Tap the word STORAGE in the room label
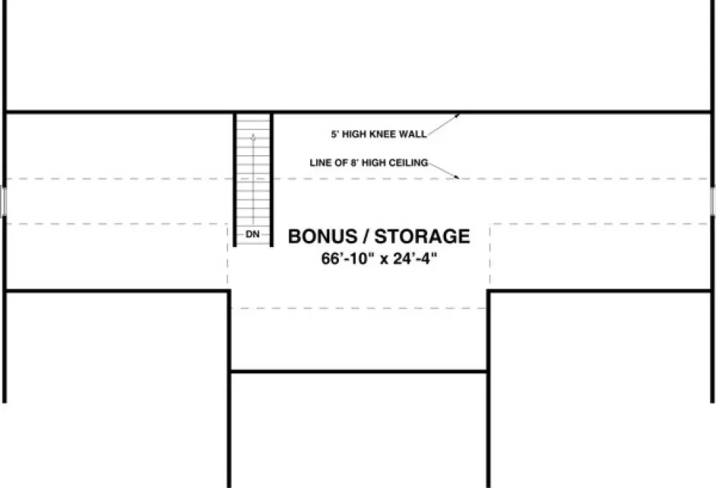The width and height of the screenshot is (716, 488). pos(426,237)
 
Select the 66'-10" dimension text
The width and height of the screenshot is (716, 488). pos(347,259)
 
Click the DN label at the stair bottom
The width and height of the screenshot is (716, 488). pos(253,234)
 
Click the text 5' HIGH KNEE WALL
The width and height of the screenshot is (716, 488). pos(378,134)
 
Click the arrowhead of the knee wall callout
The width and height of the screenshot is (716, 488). pos(459,115)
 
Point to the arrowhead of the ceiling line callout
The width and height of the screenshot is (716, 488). pos(458,177)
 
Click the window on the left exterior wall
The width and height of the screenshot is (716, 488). pos(3,201)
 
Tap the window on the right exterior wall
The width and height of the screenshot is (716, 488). pos(713,201)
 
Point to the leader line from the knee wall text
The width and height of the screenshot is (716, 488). pos(443,125)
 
